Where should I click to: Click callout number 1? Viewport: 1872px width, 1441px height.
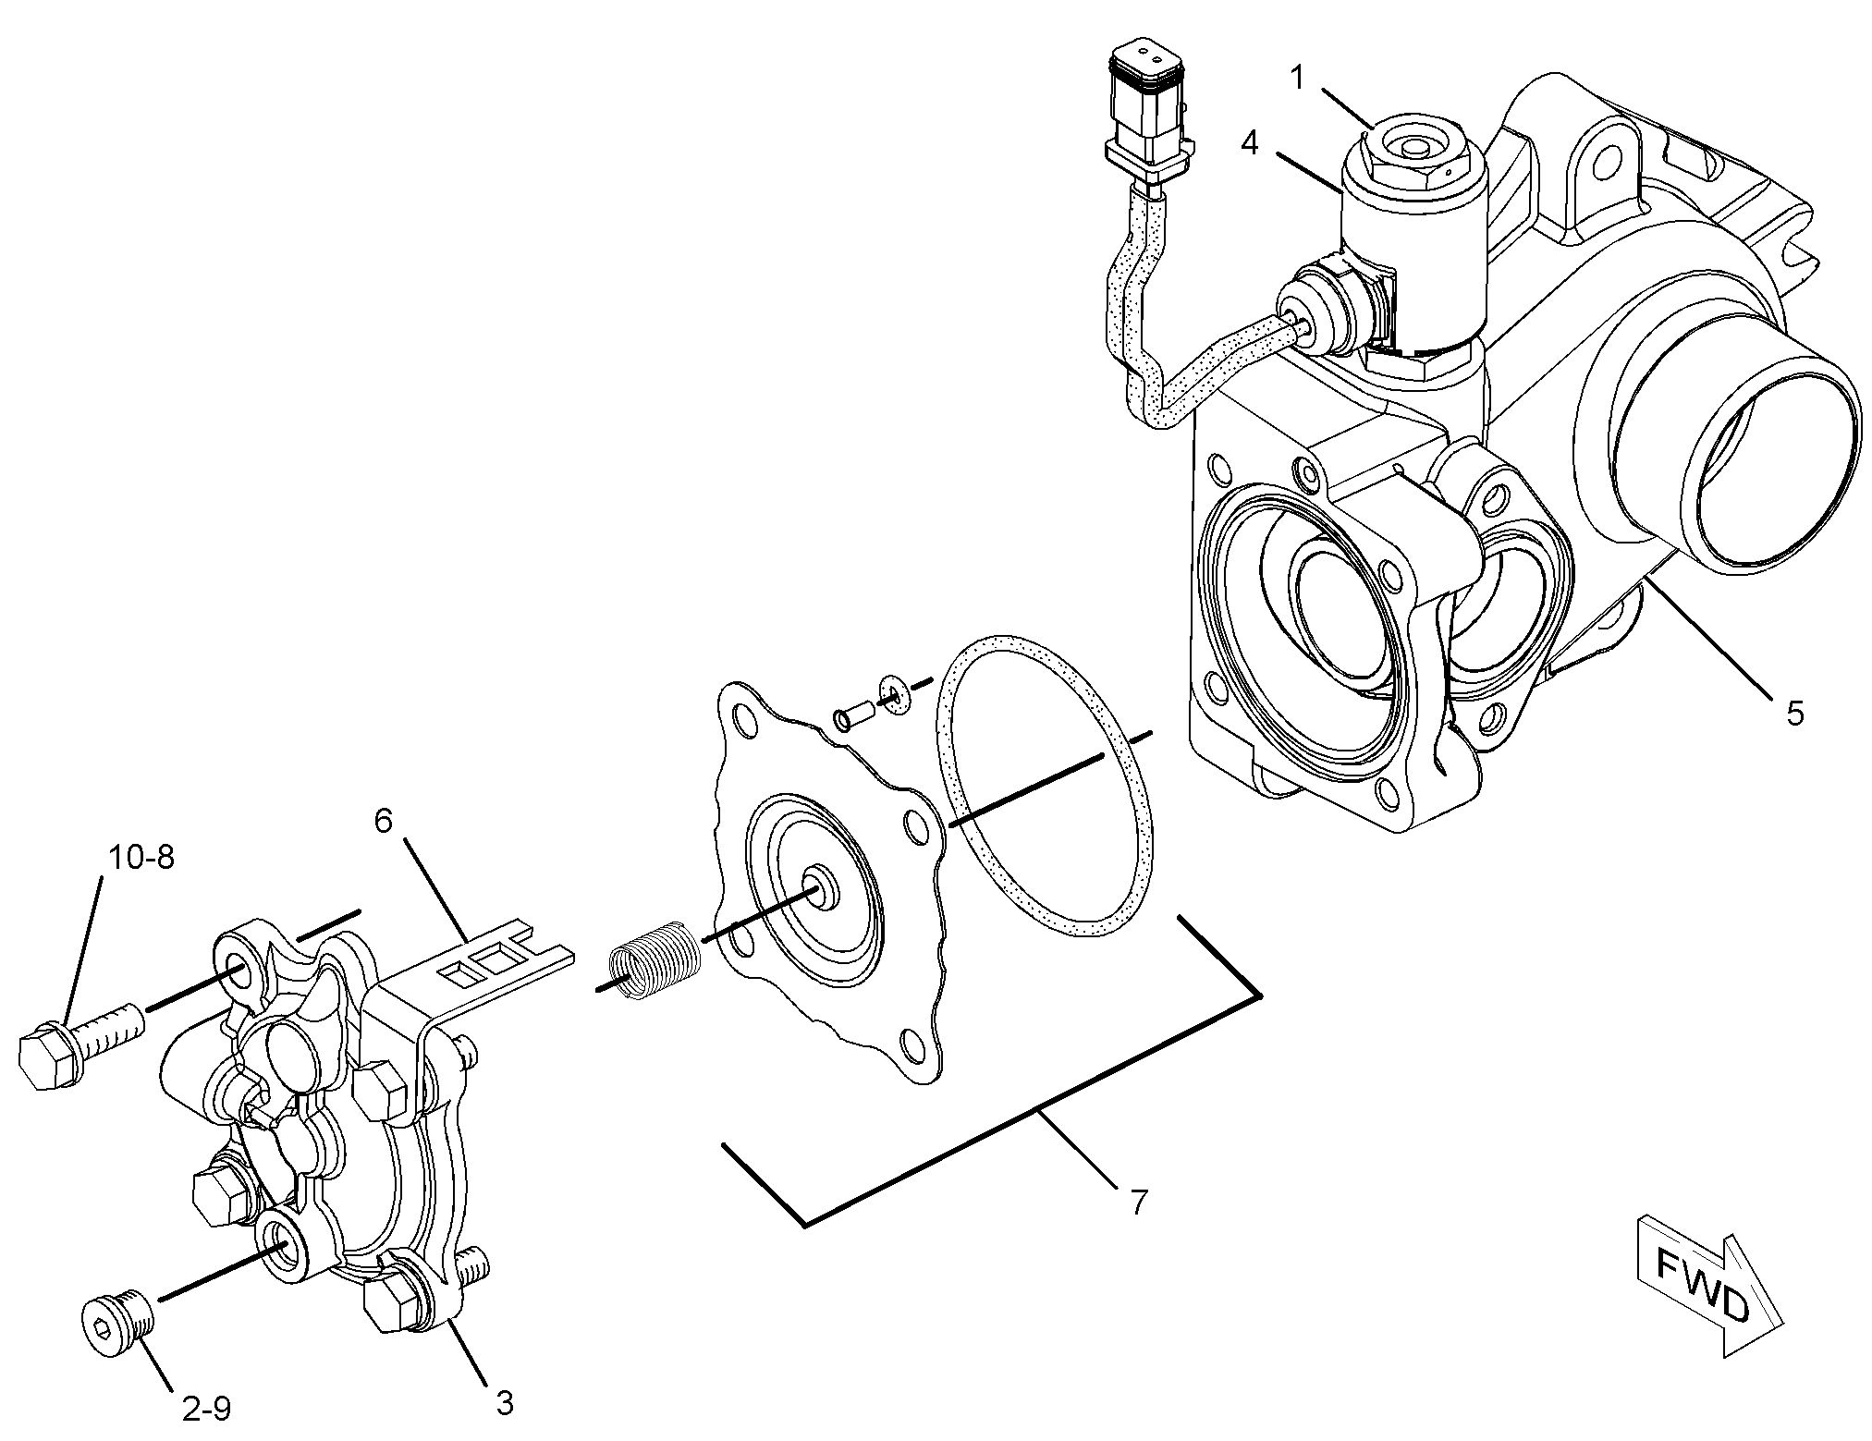pos(1298,79)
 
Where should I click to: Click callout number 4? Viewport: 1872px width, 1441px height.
pos(1250,143)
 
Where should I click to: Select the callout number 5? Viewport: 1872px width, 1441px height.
pos(1793,714)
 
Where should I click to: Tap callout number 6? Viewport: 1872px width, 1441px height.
pos(384,820)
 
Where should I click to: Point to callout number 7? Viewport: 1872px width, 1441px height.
pos(1138,1202)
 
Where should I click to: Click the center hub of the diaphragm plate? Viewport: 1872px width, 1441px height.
pos(818,885)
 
